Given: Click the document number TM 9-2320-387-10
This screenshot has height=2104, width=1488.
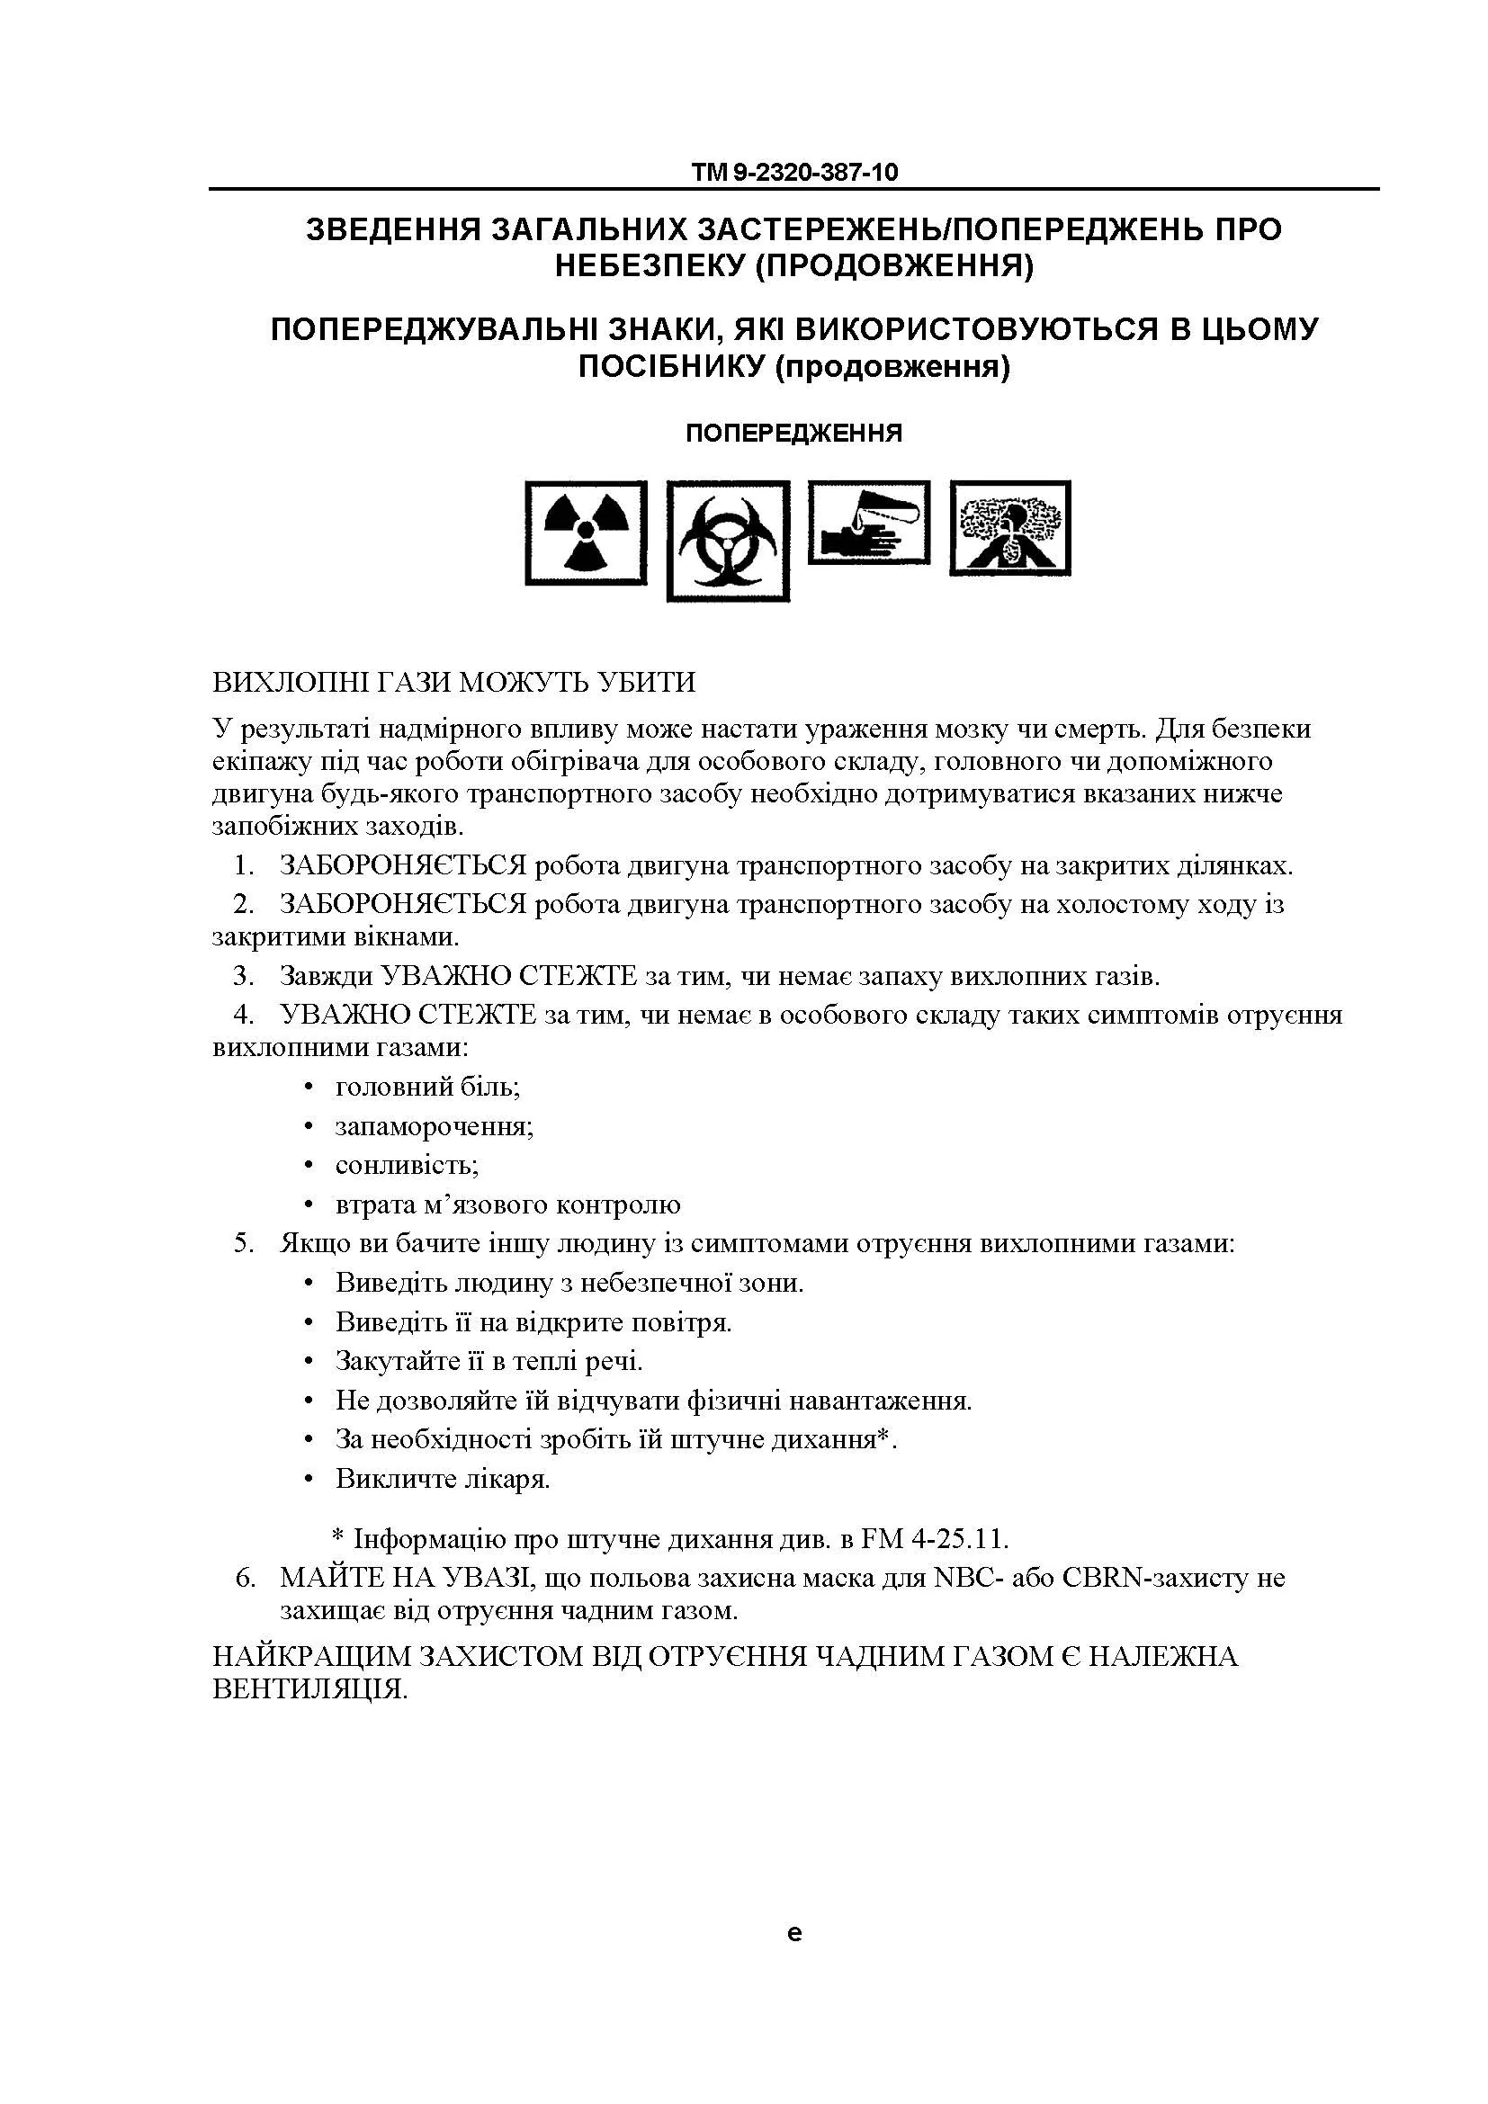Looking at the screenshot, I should tap(794, 173).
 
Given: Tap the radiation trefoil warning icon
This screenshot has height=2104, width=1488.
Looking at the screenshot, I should tap(586, 533).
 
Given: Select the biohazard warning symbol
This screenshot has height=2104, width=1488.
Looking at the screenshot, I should tap(728, 541).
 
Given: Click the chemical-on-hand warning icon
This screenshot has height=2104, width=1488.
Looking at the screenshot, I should tap(869, 523).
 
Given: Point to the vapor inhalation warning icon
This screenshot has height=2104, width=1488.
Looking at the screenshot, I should tap(1009, 528).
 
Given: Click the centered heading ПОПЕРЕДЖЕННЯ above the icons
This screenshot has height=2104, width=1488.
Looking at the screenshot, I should tap(793, 434).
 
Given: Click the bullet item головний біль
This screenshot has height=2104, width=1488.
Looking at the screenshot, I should tap(428, 1087).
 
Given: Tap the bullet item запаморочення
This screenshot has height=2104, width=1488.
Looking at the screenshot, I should tap(435, 1125).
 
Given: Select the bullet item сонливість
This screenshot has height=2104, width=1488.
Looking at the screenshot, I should tap(407, 1165).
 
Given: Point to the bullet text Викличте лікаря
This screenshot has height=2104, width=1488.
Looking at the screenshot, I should tap(443, 1479).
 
